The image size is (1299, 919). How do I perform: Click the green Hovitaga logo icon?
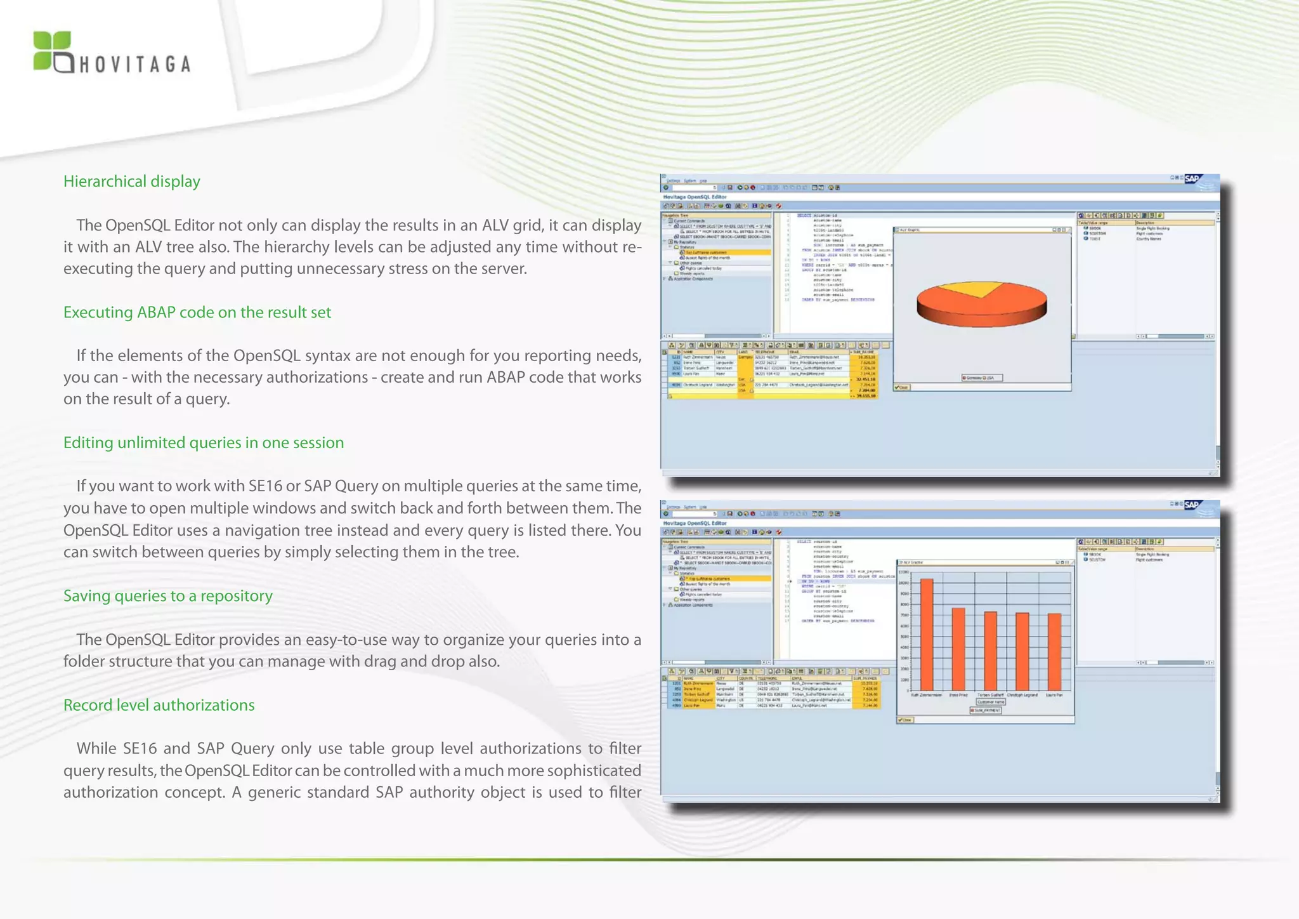[x=51, y=50]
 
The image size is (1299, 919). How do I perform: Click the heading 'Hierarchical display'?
[x=131, y=182]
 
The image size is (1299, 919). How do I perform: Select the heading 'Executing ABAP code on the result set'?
[x=197, y=312]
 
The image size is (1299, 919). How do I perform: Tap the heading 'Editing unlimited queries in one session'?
[x=203, y=442]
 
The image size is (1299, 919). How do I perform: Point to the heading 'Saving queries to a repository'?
[x=167, y=596]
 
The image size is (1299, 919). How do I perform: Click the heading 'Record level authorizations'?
[x=159, y=705]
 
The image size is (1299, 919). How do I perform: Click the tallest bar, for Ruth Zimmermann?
[x=927, y=634]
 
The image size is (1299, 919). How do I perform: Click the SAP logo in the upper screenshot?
[x=1192, y=178]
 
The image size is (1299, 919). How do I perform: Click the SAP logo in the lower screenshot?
[x=1192, y=505]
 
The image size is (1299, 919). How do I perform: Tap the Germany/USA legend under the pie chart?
[x=982, y=378]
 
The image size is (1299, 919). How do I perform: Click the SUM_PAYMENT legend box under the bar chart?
[x=985, y=710]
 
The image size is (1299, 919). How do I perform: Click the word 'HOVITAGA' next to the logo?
[x=134, y=65]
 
